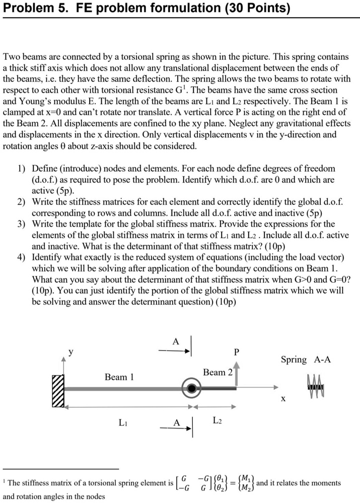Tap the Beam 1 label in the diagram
click(x=119, y=377)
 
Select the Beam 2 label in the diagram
click(x=218, y=372)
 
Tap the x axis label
click(x=283, y=398)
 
